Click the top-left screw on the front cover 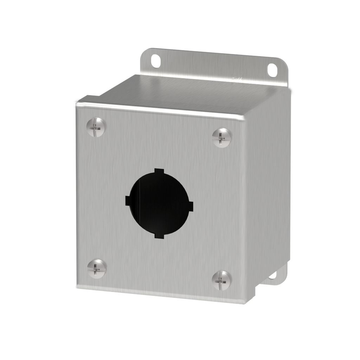point(95,127)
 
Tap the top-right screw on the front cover point(222,137)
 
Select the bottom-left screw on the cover point(96,269)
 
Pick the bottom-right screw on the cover point(222,280)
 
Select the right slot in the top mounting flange point(272,70)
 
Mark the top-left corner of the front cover point(77,103)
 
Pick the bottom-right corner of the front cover point(243,303)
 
